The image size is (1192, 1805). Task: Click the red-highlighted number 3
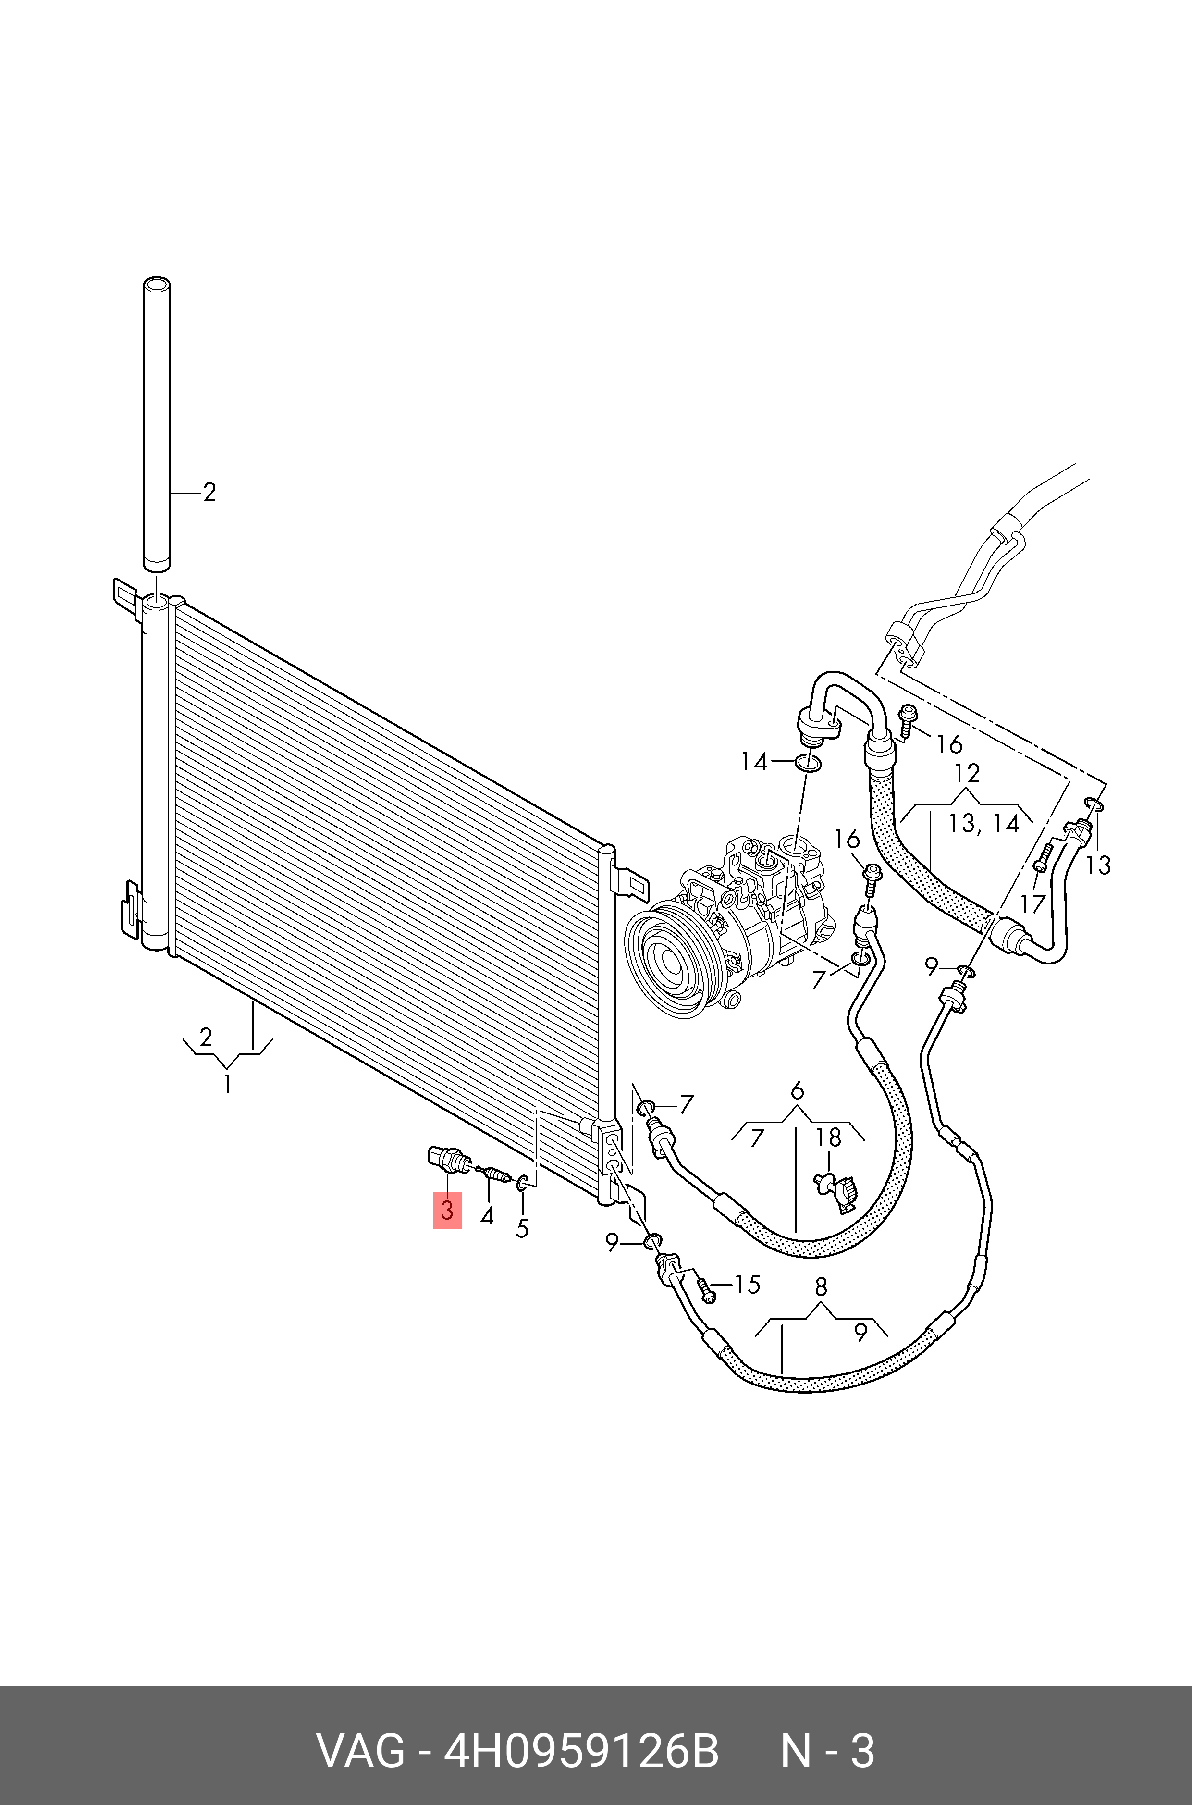pyautogui.click(x=447, y=1211)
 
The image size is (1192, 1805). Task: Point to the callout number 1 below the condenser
pyautogui.click(x=227, y=1084)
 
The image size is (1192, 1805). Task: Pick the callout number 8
pyautogui.click(x=820, y=1287)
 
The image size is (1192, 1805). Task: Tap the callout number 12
pyautogui.click(x=967, y=773)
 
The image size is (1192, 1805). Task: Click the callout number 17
pyautogui.click(x=1033, y=903)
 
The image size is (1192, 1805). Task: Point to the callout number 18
pyautogui.click(x=829, y=1137)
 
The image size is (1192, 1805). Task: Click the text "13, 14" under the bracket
pyautogui.click(x=983, y=823)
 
